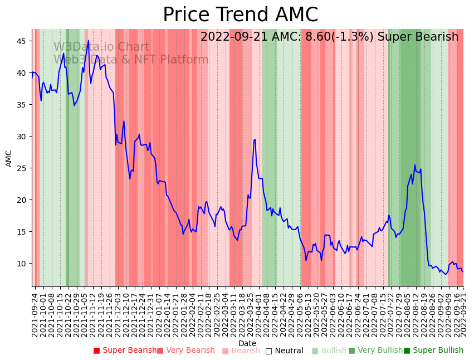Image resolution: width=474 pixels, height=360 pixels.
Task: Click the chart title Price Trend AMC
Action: (x=240, y=15)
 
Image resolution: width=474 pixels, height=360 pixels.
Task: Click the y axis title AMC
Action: (x=9, y=158)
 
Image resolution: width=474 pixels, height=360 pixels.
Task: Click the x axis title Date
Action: (x=247, y=343)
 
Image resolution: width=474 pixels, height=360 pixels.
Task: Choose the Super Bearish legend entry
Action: (x=125, y=351)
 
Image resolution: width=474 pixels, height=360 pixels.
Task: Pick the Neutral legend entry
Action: (x=285, y=351)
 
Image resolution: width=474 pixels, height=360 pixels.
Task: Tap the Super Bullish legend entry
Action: (x=433, y=351)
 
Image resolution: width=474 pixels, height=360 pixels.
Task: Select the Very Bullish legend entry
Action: (x=375, y=351)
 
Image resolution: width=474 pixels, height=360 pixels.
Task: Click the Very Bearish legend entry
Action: (x=185, y=351)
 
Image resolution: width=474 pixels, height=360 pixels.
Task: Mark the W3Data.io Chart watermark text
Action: (x=101, y=47)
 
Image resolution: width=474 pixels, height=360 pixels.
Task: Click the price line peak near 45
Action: (x=88, y=40)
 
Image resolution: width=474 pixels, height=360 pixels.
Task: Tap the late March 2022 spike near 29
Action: (x=255, y=139)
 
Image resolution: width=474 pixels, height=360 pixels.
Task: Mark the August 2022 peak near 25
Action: (x=414, y=165)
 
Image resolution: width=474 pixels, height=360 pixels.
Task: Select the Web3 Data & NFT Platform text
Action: (x=131, y=60)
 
